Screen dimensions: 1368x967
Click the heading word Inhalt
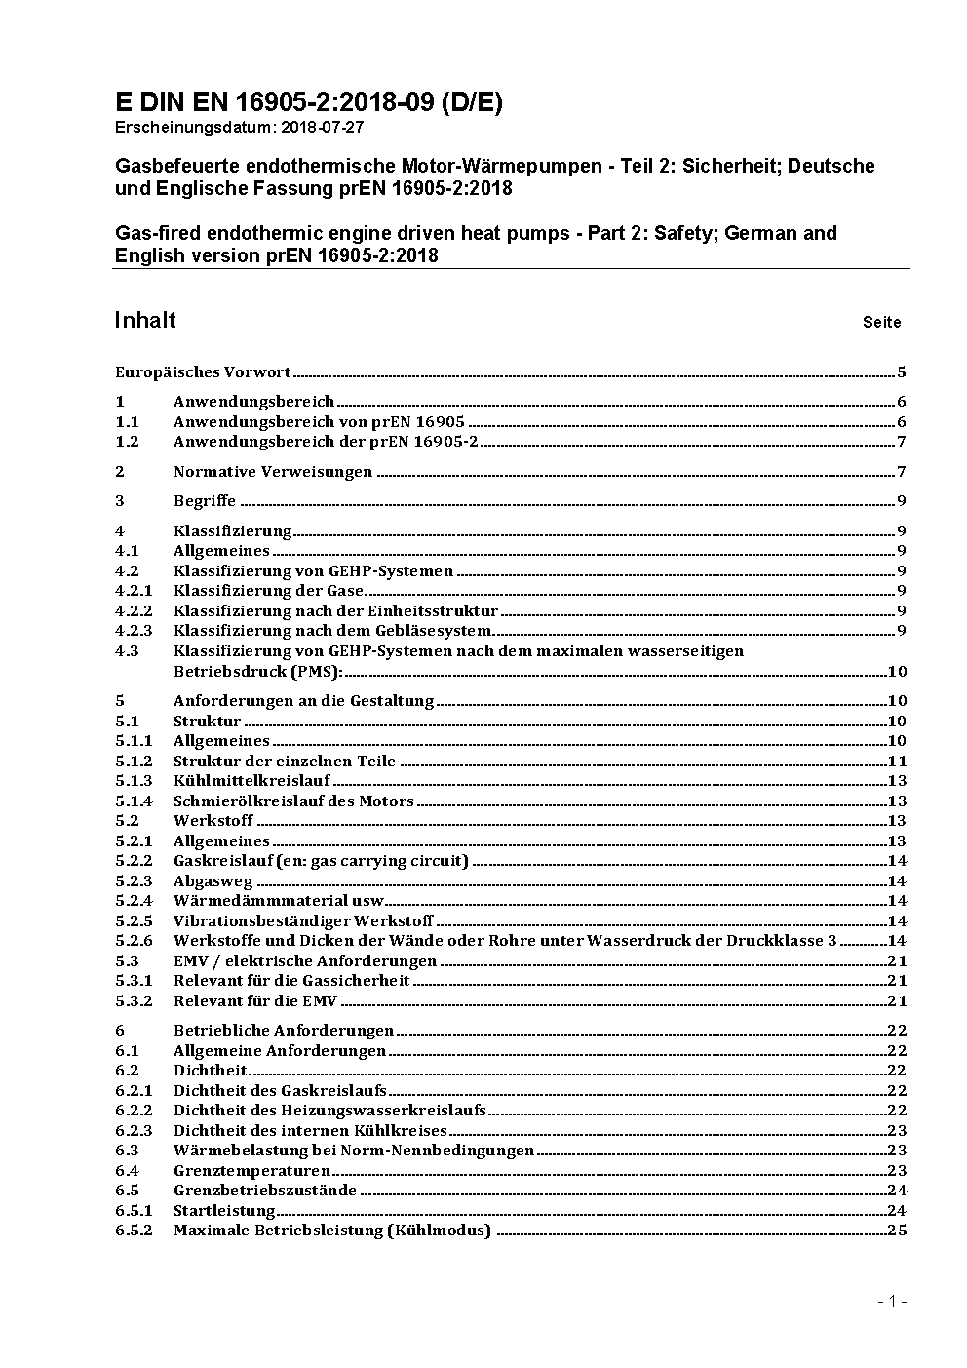coord(145,321)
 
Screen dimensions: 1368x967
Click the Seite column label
coord(881,322)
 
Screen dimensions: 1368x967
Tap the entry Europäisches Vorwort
coord(203,371)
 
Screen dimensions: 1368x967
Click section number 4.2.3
coord(134,631)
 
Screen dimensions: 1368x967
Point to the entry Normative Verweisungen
coord(273,472)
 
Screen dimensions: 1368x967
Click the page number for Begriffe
coord(902,501)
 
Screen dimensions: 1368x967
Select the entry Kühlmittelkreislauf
coord(251,781)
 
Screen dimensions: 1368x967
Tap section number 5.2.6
coord(134,941)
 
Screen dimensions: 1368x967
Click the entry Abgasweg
coord(213,881)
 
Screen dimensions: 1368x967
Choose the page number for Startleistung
coord(897,1211)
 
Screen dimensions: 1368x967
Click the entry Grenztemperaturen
coord(251,1171)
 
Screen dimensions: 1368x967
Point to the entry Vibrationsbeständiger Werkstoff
coord(303,920)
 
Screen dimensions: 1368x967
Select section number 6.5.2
coord(134,1231)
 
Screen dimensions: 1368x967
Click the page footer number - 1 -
coord(892,1301)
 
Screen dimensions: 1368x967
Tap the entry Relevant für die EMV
coord(255,1000)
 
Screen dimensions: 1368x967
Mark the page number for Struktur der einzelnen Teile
coord(897,762)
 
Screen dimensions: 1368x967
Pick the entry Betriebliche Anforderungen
coord(284,1031)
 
